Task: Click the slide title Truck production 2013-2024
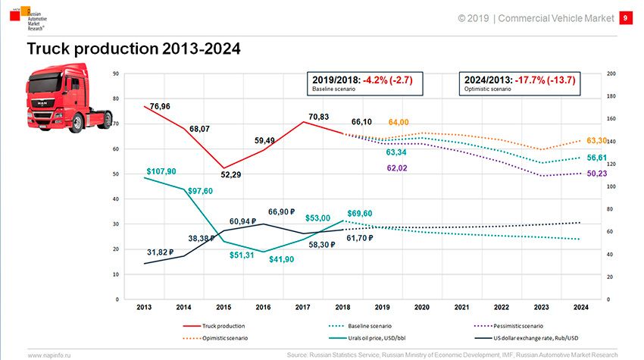tap(133, 49)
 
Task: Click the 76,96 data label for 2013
tap(161, 107)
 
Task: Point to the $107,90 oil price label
tap(161, 171)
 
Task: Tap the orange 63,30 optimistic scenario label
tap(598, 141)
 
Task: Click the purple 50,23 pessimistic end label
tap(598, 174)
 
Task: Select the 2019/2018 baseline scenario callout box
tap(364, 83)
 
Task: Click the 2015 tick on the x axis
tap(224, 308)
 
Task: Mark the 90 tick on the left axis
tap(115, 74)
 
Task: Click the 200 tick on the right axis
tap(611, 74)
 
